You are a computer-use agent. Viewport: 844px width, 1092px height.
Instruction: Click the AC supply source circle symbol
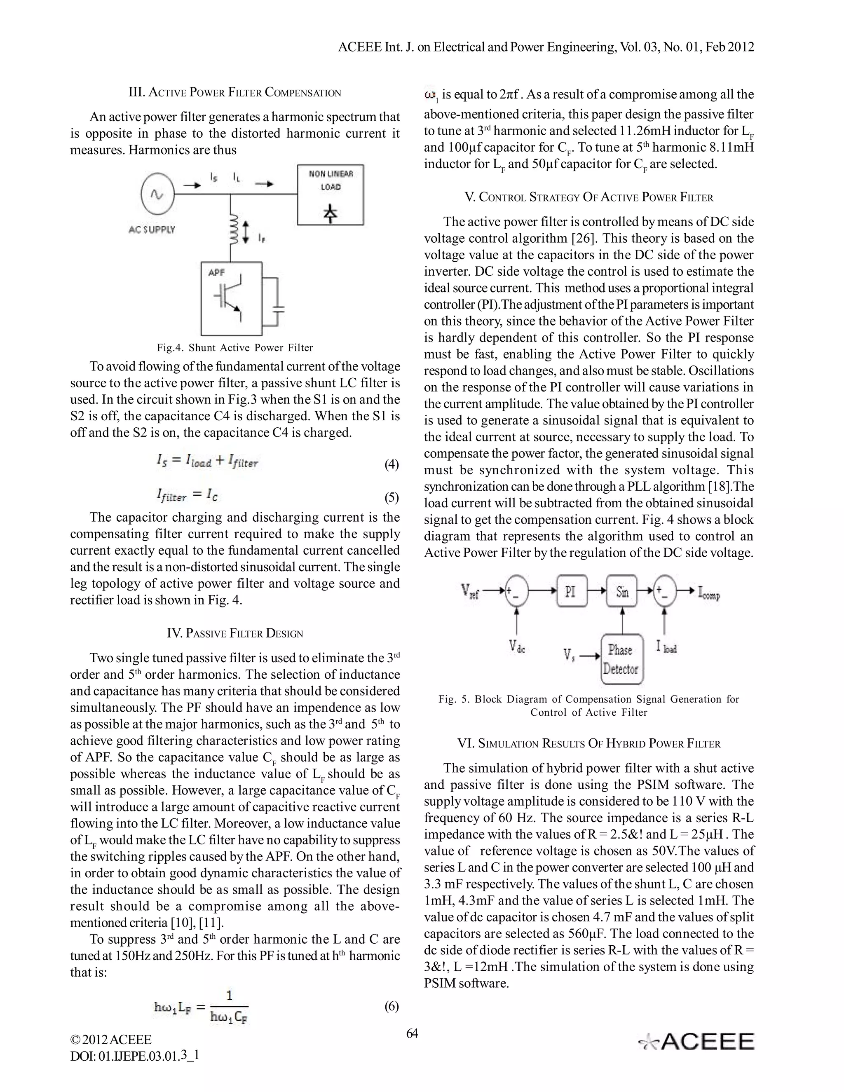(x=157, y=195)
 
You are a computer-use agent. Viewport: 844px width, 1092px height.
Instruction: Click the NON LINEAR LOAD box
(x=331, y=195)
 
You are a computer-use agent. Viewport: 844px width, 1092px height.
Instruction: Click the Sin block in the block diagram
(x=622, y=592)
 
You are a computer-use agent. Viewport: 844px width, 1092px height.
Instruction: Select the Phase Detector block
(x=621, y=659)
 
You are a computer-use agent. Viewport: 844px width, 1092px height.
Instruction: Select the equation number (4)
(x=392, y=464)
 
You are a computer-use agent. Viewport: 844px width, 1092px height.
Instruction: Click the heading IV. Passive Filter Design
(x=235, y=633)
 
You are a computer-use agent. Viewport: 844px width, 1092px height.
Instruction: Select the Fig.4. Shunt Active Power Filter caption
(x=235, y=347)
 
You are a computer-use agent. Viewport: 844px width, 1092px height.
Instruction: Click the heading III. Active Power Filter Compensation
(x=235, y=92)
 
